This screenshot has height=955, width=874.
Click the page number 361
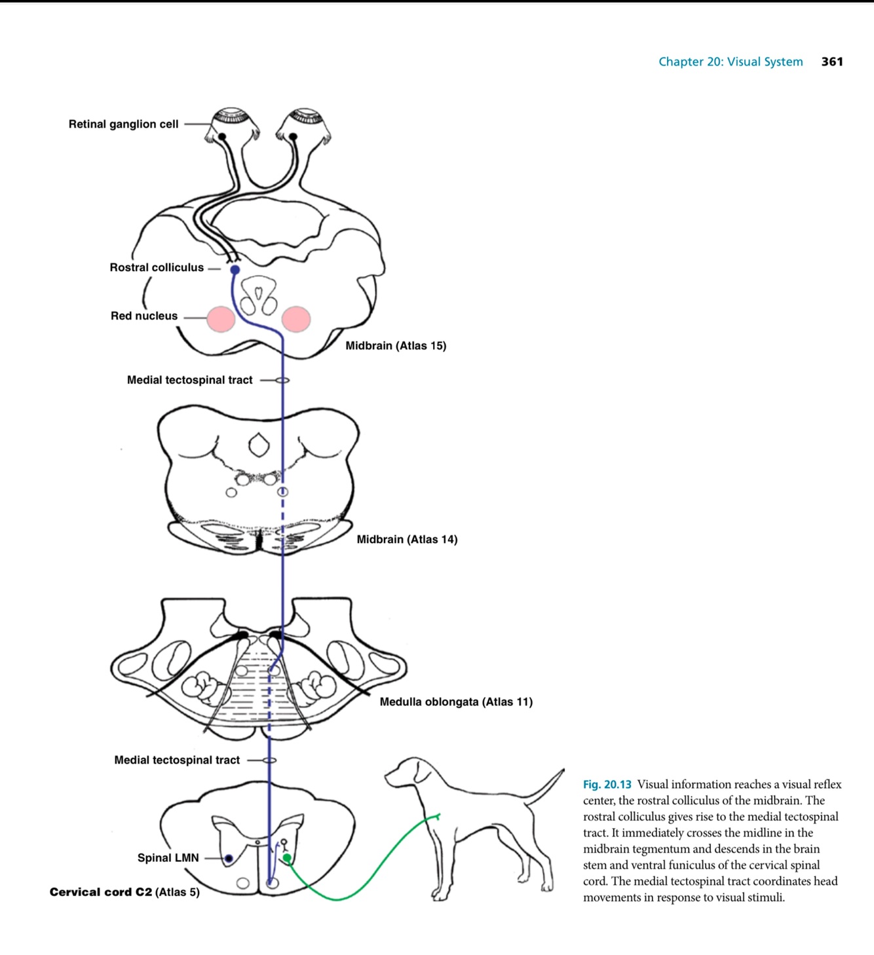point(832,62)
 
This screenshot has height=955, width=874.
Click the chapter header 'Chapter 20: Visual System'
point(731,62)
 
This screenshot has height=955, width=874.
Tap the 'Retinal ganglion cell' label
point(123,124)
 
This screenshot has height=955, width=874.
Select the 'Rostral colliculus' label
point(157,267)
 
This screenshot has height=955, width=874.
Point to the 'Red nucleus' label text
point(144,316)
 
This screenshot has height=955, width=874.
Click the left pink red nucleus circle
point(221,319)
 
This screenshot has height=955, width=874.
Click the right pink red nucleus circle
point(296,319)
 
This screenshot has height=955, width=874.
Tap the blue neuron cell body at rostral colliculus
point(235,270)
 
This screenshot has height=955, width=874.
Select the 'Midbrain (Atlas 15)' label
point(396,345)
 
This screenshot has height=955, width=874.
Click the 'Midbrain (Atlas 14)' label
point(407,539)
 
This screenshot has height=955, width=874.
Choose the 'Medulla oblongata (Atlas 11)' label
point(456,702)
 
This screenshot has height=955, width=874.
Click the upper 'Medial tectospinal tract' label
point(189,380)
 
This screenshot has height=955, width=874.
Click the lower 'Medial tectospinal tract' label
point(177,760)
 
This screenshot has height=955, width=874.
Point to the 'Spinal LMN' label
point(168,857)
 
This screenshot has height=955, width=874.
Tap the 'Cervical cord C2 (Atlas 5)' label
point(124,891)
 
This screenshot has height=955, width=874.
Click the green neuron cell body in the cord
point(287,857)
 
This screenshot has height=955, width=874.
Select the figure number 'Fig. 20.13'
point(607,784)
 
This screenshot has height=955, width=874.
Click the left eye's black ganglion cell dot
point(223,136)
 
